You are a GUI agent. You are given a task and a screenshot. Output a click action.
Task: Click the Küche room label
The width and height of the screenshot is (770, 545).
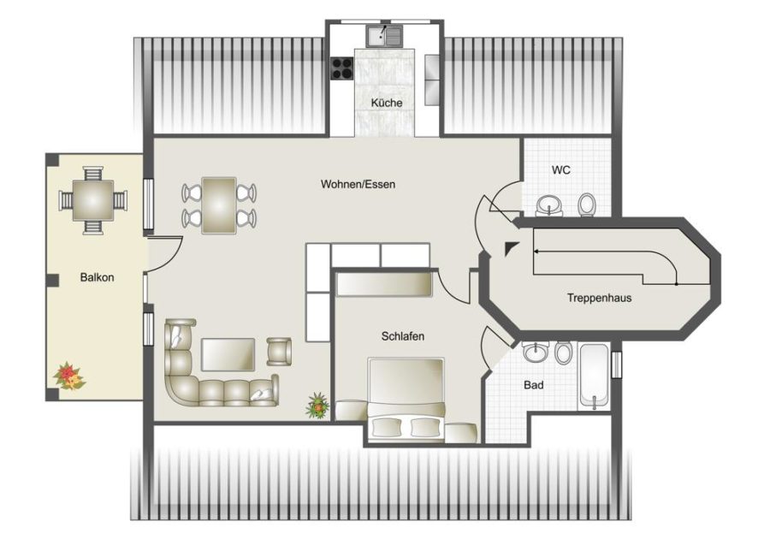click(387, 104)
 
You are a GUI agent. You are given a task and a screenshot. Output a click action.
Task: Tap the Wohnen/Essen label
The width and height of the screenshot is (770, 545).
click(358, 184)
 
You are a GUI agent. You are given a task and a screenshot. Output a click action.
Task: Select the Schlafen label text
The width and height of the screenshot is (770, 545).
click(403, 336)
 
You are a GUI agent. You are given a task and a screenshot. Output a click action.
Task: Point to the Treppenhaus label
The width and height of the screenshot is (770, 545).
click(599, 298)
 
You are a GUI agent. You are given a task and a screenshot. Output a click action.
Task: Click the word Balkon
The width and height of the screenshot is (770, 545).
click(98, 277)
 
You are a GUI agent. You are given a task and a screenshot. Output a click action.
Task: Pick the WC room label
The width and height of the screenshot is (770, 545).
click(560, 170)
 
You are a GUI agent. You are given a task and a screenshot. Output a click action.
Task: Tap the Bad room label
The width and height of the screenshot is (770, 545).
click(533, 385)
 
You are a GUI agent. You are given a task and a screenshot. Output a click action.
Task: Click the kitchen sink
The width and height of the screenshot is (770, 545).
click(384, 35)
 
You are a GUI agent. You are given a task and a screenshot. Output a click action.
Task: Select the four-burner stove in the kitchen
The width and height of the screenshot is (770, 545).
click(342, 68)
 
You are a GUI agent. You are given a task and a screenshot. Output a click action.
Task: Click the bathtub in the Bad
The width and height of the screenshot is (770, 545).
click(594, 376)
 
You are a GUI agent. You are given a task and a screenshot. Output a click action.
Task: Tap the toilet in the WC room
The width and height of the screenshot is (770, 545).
click(587, 204)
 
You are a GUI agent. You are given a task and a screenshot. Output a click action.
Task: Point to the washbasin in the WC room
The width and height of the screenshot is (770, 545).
click(549, 205)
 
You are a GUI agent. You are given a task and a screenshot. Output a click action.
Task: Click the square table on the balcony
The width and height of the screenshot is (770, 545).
click(93, 200)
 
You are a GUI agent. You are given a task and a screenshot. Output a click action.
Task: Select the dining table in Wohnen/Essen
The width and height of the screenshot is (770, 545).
click(219, 205)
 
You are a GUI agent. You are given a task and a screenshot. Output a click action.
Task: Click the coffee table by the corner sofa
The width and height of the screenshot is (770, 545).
click(228, 354)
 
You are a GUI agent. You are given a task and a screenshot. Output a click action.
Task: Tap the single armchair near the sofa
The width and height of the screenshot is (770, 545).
click(279, 352)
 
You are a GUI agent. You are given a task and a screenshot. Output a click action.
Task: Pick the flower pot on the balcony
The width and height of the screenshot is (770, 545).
click(69, 376)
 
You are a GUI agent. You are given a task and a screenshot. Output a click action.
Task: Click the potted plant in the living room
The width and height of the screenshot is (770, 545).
click(317, 406)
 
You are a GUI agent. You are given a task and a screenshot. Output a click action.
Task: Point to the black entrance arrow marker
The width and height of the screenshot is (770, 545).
click(512, 248)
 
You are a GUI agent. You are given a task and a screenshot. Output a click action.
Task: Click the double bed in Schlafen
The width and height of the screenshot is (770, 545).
click(406, 398)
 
